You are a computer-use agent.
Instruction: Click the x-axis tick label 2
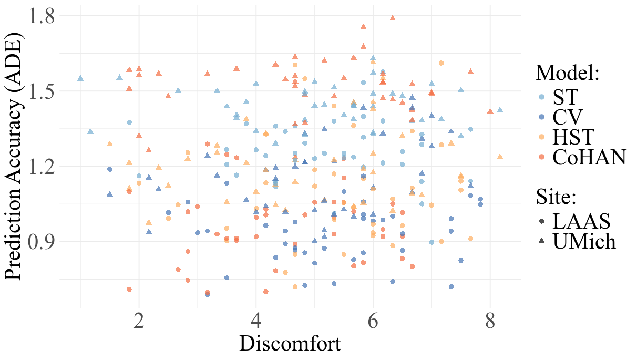tap(139, 321)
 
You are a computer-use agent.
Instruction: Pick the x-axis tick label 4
tap(256, 321)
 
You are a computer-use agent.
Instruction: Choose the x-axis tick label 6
tap(373, 321)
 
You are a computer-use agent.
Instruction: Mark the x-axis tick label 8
tap(490, 321)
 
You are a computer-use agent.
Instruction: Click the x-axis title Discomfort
tap(290, 344)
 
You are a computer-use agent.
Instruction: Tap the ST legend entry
tap(565, 97)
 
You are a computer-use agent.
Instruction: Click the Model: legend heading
tap(568, 73)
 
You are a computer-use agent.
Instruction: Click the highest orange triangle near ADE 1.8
tap(393, 18)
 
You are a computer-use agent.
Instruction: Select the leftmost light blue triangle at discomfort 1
tap(80, 78)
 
